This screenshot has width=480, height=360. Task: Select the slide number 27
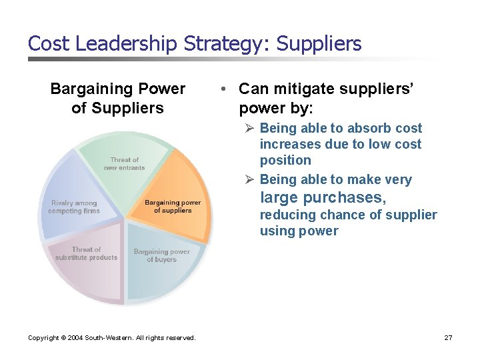pyautogui.click(x=448, y=338)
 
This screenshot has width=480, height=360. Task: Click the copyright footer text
pyautogui.click(x=111, y=338)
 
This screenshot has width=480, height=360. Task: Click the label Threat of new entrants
pyautogui.click(x=124, y=163)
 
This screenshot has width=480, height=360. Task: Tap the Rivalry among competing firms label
pyautogui.click(x=74, y=207)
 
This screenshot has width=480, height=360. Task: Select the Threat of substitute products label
pyautogui.click(x=86, y=253)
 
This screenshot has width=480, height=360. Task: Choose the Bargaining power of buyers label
pyautogui.click(x=161, y=255)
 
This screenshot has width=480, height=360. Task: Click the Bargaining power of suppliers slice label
pyautogui.click(x=172, y=206)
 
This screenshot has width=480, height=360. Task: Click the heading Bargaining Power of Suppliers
pyautogui.click(x=117, y=98)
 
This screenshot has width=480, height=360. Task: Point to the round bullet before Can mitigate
pyautogui.click(x=227, y=89)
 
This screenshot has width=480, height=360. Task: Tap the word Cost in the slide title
pyautogui.click(x=50, y=44)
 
